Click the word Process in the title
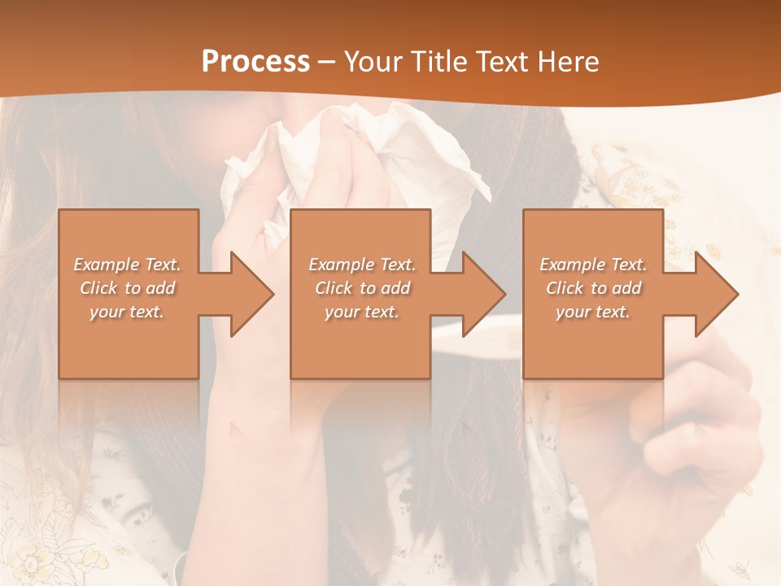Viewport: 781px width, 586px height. [255, 62]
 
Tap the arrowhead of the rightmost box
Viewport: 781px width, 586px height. [715, 294]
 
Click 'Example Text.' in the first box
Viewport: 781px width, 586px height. [128, 265]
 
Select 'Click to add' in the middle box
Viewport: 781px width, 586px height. [362, 288]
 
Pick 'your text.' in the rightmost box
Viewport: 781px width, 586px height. [592, 312]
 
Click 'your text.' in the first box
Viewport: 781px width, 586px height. [127, 312]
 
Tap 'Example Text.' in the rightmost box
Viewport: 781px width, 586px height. [593, 265]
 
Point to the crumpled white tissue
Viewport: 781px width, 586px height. [366, 155]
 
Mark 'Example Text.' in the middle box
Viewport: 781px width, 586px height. [362, 265]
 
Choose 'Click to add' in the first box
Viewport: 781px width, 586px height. [128, 288]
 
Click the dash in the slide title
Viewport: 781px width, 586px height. [326, 62]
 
